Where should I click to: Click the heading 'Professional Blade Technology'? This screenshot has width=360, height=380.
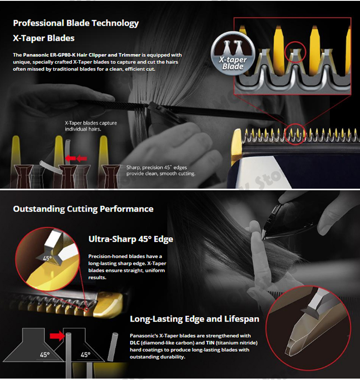coord(76,23)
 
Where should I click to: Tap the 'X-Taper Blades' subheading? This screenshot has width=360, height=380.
coord(44,38)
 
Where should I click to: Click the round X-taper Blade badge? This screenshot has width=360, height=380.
coord(233,54)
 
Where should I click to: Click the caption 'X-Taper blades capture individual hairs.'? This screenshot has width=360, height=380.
coord(91,126)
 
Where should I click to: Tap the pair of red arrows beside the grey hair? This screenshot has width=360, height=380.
coord(76,158)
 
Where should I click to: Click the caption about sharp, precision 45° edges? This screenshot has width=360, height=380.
coord(161,171)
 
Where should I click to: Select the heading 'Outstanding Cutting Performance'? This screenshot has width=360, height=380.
coord(83,209)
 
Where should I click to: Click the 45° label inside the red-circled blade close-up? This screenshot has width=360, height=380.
coord(47,259)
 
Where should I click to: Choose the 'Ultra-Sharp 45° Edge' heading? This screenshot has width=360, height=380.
coord(131,239)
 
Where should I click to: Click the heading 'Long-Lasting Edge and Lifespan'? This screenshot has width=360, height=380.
coord(194,319)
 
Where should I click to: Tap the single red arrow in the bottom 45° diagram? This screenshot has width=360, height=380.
coord(58,336)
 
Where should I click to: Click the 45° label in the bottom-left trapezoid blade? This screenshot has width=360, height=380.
coord(44,355)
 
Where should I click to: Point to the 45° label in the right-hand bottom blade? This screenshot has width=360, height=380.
coord(86,355)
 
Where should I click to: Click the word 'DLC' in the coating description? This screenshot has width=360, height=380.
coord(134,343)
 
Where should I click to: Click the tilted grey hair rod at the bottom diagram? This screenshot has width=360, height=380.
coord(113,347)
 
